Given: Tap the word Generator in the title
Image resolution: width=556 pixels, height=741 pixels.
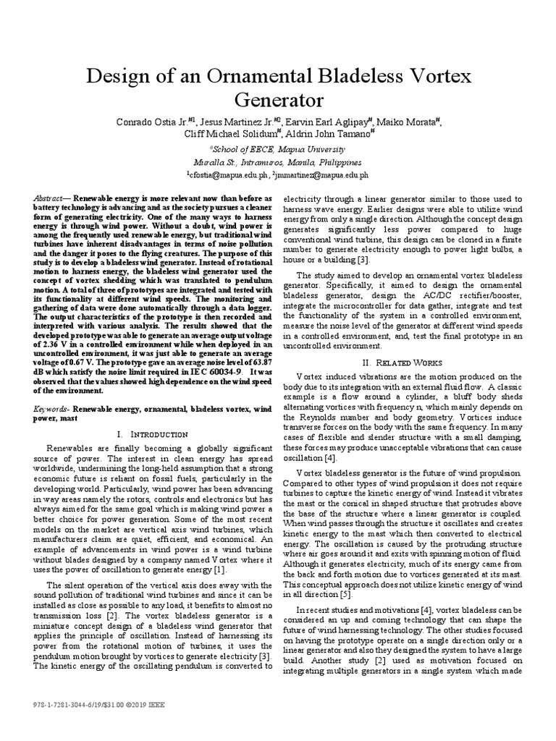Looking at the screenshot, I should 278,100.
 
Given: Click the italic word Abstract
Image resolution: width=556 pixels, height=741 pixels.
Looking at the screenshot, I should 49,198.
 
